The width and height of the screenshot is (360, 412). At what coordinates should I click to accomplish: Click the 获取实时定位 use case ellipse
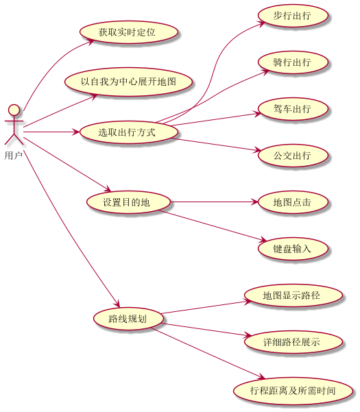(x=129, y=32)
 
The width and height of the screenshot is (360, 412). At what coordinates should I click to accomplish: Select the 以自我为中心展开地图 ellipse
(x=128, y=82)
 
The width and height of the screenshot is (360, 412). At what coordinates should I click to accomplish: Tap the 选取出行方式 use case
(x=129, y=132)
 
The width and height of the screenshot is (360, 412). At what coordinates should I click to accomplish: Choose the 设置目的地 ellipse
(x=128, y=202)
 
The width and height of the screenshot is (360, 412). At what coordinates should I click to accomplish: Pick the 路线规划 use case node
(x=128, y=319)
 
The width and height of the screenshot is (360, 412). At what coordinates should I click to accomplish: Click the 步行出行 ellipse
(x=293, y=16)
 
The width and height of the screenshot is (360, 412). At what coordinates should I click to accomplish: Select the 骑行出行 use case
(x=293, y=62)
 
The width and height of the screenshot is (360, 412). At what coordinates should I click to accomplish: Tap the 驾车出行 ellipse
(x=293, y=109)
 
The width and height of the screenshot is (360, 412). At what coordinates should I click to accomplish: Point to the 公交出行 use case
(x=293, y=156)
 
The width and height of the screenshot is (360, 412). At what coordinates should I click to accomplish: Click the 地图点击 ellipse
(x=293, y=202)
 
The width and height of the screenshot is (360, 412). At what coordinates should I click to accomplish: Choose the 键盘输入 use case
(x=293, y=249)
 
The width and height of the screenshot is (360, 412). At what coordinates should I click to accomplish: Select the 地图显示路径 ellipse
(x=293, y=295)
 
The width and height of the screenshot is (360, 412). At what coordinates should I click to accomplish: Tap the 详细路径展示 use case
(x=293, y=342)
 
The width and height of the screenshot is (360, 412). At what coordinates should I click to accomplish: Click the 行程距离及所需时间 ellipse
(x=293, y=391)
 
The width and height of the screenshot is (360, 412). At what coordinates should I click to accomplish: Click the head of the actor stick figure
(x=14, y=110)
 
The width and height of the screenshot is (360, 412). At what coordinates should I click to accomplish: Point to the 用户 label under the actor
(x=14, y=156)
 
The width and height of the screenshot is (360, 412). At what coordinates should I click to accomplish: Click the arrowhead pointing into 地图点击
(x=255, y=202)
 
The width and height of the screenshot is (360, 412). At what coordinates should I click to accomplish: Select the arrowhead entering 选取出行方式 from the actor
(x=77, y=132)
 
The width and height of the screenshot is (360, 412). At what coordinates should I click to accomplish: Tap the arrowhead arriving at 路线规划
(x=117, y=304)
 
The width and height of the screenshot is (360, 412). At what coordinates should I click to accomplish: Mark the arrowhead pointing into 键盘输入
(x=263, y=239)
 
